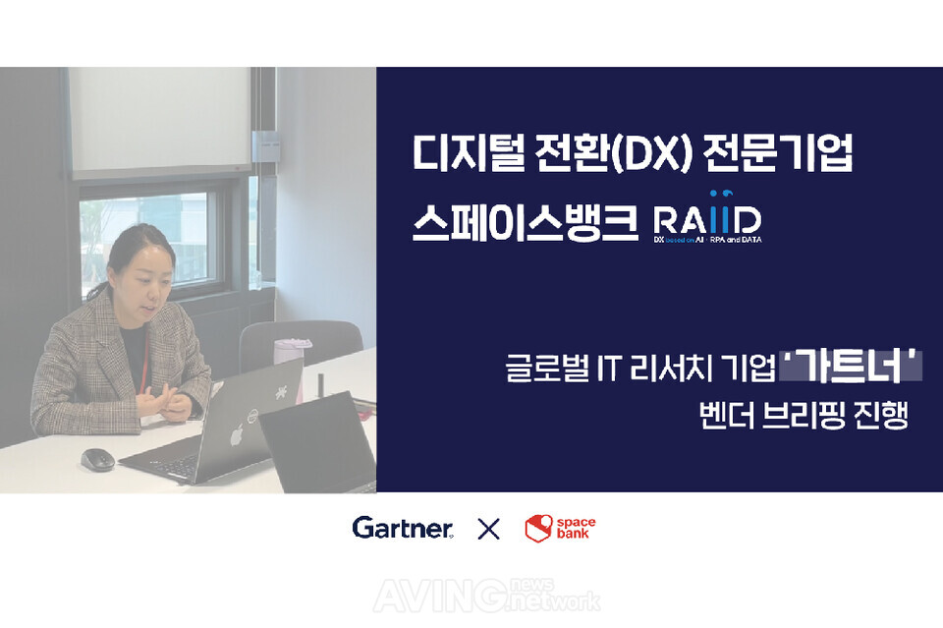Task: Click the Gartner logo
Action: (403, 528)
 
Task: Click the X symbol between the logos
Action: (488, 530)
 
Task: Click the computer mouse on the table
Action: (97, 459)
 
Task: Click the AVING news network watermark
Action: (510, 594)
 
